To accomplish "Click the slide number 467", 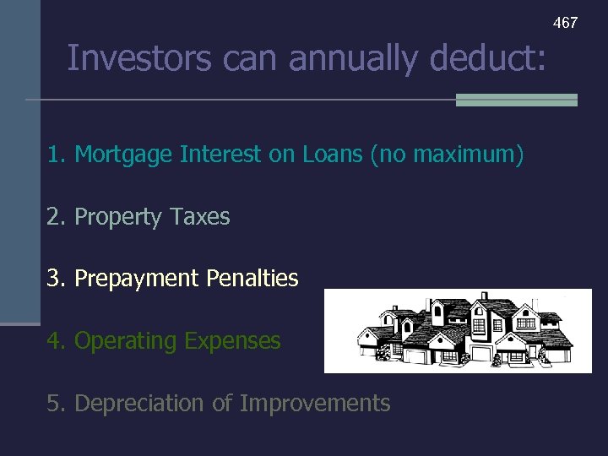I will point(565,23).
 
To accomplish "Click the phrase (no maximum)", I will point(459,155).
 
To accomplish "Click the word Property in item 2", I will point(117,217).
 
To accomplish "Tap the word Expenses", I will point(232,341).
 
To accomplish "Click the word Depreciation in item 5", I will point(139,404).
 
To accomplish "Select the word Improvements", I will point(315,404).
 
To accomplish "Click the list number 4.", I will point(55,341).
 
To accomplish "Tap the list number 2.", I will point(55,217).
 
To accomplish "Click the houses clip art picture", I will point(458,331).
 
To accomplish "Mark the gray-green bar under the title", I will point(516,100).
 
